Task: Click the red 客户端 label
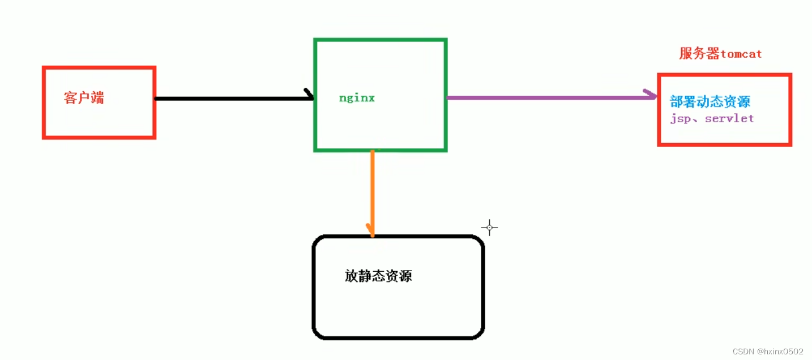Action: [84, 98]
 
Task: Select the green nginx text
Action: [357, 98]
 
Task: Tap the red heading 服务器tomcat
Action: [720, 54]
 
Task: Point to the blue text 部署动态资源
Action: [710, 102]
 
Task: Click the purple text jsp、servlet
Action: [712, 119]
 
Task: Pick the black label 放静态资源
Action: [378, 276]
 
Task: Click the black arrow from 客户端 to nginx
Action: [232, 98]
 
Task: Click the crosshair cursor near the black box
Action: [489, 228]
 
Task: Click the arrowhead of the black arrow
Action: [309, 95]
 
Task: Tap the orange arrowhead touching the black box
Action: [371, 232]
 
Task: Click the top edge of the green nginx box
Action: [381, 40]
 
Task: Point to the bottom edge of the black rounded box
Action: [398, 338]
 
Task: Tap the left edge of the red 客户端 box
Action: [44, 102]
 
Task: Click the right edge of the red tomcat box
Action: [790, 110]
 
